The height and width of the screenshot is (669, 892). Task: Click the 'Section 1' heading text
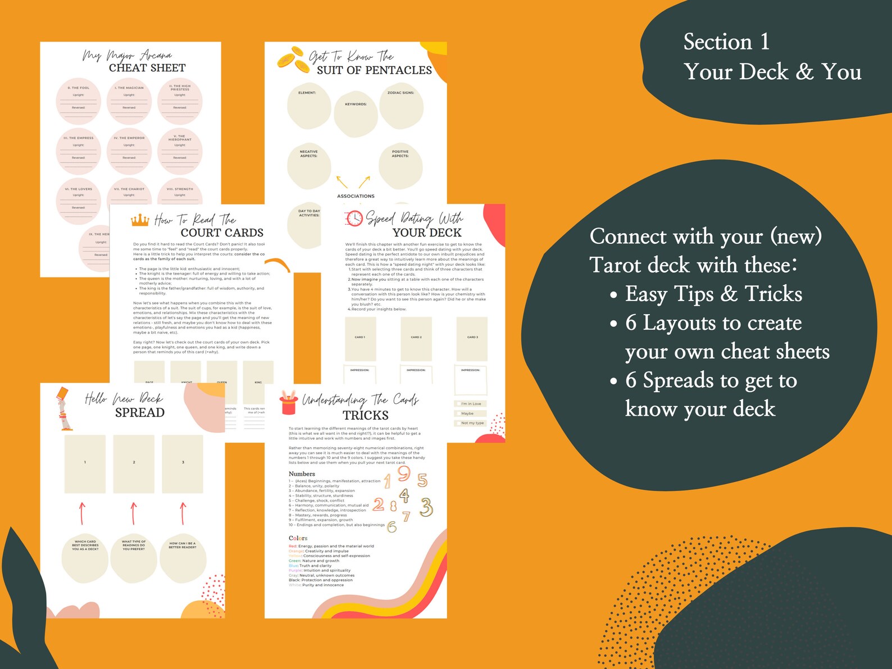click(x=726, y=42)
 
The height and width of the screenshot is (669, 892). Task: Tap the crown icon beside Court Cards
click(x=140, y=220)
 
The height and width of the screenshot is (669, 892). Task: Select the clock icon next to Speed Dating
click(x=354, y=219)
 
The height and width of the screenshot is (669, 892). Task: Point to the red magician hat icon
click(x=289, y=402)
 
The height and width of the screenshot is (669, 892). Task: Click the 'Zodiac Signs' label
click(x=401, y=93)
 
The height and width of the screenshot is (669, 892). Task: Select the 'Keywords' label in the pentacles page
click(x=356, y=104)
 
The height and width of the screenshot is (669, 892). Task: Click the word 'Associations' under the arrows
click(x=356, y=196)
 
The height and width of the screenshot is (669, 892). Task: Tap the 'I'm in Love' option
click(x=471, y=404)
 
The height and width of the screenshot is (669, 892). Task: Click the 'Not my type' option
click(x=472, y=423)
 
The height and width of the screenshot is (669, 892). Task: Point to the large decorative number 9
click(x=404, y=474)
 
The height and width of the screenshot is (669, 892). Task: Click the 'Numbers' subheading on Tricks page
click(x=302, y=474)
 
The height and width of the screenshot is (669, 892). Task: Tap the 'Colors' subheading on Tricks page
click(x=298, y=538)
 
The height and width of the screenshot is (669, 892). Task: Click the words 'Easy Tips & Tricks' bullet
click(x=713, y=294)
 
